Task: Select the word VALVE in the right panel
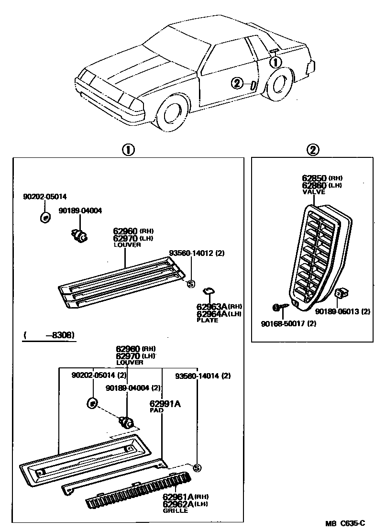click(313, 191)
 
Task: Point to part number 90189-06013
click(338, 311)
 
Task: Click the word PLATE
click(207, 320)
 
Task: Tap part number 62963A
click(212, 307)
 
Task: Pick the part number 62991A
click(165, 404)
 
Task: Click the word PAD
click(155, 410)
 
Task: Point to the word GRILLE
click(175, 510)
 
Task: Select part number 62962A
click(177, 504)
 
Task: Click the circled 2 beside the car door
click(237, 83)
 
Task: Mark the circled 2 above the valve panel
click(313, 150)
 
